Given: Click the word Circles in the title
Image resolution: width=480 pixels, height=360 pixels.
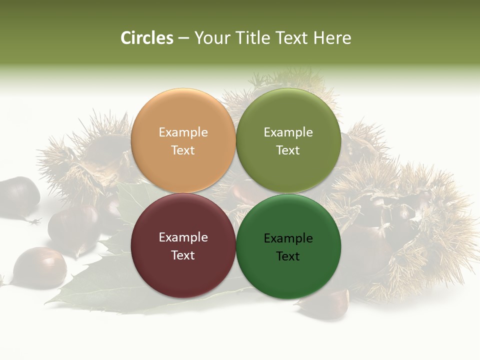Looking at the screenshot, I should tap(147, 38).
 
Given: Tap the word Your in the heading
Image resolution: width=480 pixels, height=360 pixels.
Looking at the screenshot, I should tap(212, 38).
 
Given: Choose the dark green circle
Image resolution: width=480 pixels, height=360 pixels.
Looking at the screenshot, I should tap(288, 272).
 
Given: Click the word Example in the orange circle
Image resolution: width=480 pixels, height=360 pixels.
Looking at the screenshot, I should tap(183, 132).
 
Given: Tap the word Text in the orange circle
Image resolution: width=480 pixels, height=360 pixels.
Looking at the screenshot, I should tap(183, 150).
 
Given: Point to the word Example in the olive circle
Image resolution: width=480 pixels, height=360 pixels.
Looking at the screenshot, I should tap(288, 132).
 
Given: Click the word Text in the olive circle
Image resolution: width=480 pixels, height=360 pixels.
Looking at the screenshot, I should tap(288, 150).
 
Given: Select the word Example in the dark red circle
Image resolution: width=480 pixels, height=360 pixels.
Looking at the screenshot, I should tap(183, 237).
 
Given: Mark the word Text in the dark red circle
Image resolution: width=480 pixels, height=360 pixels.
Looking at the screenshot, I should tap(183, 255).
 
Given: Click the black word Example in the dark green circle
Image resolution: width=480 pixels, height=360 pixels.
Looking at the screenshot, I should tap(288, 238).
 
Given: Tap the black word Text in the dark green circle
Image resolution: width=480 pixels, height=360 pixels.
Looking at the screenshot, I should tap(288, 256).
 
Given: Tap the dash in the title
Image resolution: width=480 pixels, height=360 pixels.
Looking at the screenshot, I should tap(183, 38).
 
